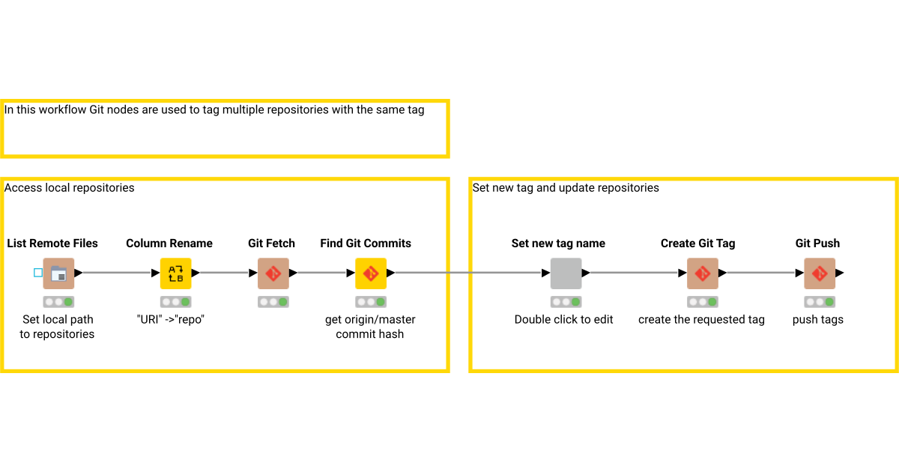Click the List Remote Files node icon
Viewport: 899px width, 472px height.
pyautogui.click(x=58, y=273)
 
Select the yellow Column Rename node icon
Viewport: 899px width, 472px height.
pyautogui.click(x=176, y=273)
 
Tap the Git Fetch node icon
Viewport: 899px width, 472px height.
pyautogui.click(x=273, y=273)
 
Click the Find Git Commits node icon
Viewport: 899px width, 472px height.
pyautogui.click(x=370, y=273)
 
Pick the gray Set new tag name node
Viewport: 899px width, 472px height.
pyautogui.click(x=566, y=273)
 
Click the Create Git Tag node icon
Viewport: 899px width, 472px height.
pyautogui.click(x=702, y=273)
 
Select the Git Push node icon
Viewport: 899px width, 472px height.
pyautogui.click(x=820, y=273)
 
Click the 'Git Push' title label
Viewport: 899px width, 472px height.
pyautogui.click(x=817, y=243)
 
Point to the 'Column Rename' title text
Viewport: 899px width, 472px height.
pyautogui.click(x=169, y=243)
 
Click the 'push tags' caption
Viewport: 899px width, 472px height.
pyautogui.click(x=818, y=319)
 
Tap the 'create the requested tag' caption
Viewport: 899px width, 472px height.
pyautogui.click(x=701, y=319)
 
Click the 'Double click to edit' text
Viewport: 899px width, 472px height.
pyautogui.click(x=563, y=319)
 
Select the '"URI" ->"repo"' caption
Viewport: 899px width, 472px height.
pyautogui.click(x=171, y=319)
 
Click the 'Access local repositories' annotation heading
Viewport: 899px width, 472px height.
pyautogui.click(x=70, y=188)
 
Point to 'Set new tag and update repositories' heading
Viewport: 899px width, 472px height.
pyautogui.click(x=566, y=188)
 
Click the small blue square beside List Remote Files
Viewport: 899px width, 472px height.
pyautogui.click(x=38, y=273)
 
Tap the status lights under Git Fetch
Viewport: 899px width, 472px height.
pyautogui.click(x=273, y=302)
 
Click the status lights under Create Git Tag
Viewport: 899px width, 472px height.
pyautogui.click(x=702, y=302)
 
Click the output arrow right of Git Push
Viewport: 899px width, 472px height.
pyautogui.click(x=840, y=273)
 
